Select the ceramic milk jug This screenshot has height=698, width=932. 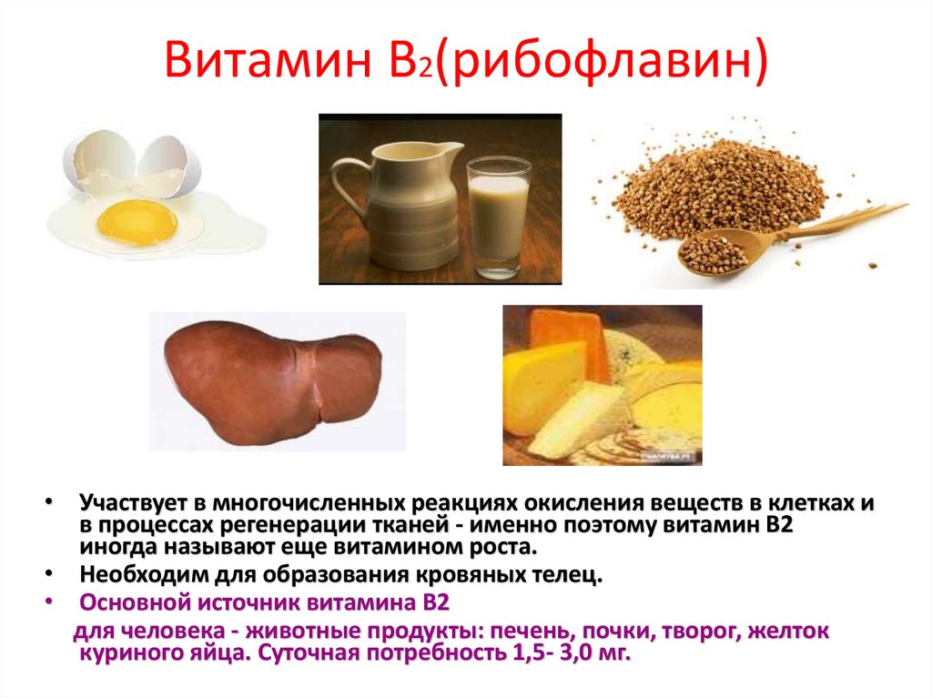tap(405, 207)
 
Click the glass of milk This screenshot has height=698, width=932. tap(498, 216)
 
